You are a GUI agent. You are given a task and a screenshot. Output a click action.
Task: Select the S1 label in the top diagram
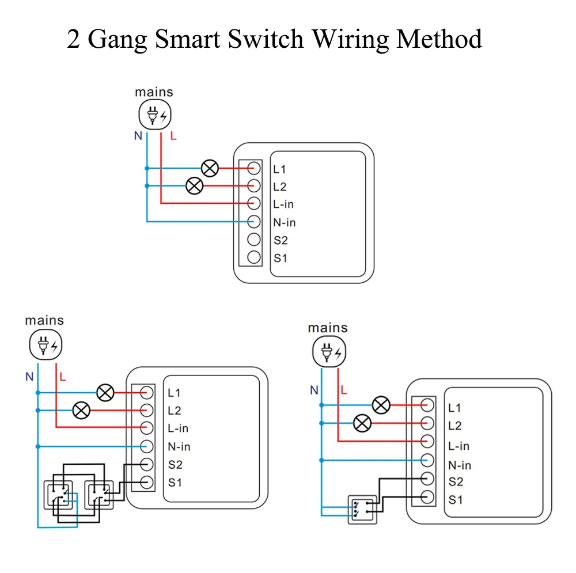[281, 258]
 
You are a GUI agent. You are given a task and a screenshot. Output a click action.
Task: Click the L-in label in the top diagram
[283, 204]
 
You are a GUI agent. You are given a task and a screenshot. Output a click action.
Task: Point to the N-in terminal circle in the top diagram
[254, 221]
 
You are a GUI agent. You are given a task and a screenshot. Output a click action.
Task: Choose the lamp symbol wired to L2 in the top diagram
[195, 185]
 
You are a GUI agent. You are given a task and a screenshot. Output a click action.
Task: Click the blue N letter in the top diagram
[138, 136]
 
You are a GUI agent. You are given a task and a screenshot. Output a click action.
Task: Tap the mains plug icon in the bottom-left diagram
[45, 346]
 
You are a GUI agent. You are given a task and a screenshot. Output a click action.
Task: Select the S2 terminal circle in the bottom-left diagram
[146, 464]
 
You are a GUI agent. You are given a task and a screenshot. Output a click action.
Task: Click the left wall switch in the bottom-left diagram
[60, 495]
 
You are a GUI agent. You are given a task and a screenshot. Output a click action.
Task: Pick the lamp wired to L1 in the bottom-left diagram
[105, 392]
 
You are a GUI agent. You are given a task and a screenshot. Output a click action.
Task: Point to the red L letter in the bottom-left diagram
[63, 378]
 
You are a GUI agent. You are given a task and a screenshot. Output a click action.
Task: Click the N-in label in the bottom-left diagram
[179, 446]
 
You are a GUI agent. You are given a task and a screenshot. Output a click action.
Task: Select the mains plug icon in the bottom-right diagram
[328, 352]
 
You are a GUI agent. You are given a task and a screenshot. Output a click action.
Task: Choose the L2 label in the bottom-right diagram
[454, 426]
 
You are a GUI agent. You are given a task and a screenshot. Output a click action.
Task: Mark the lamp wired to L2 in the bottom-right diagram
[362, 423]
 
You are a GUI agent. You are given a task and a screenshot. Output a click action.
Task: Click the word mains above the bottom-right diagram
[328, 328]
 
